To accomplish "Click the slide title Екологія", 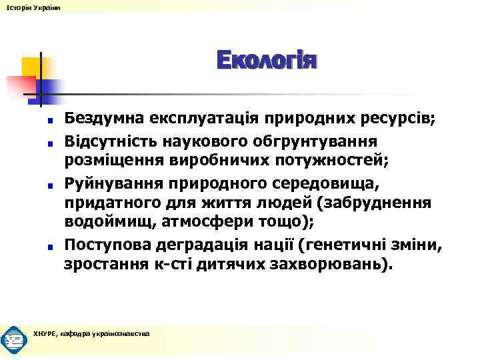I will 267,61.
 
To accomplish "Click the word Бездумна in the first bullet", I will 101,120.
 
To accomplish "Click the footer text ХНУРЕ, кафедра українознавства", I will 91,334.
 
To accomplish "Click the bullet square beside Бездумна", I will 50,121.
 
